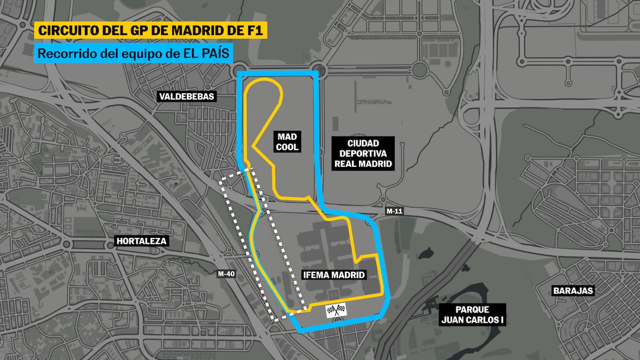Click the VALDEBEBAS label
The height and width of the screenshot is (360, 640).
tap(186, 97)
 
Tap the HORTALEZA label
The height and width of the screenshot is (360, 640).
tap(141, 241)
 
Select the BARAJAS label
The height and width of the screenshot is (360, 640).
tap(573, 291)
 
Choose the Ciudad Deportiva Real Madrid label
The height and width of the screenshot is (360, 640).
tap(363, 153)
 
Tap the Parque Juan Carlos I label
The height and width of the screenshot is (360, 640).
tap(473, 315)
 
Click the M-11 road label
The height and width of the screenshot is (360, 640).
tap(394, 212)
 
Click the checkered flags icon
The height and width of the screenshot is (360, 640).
tap(336, 310)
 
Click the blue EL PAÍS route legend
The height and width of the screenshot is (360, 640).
tap(134, 53)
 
